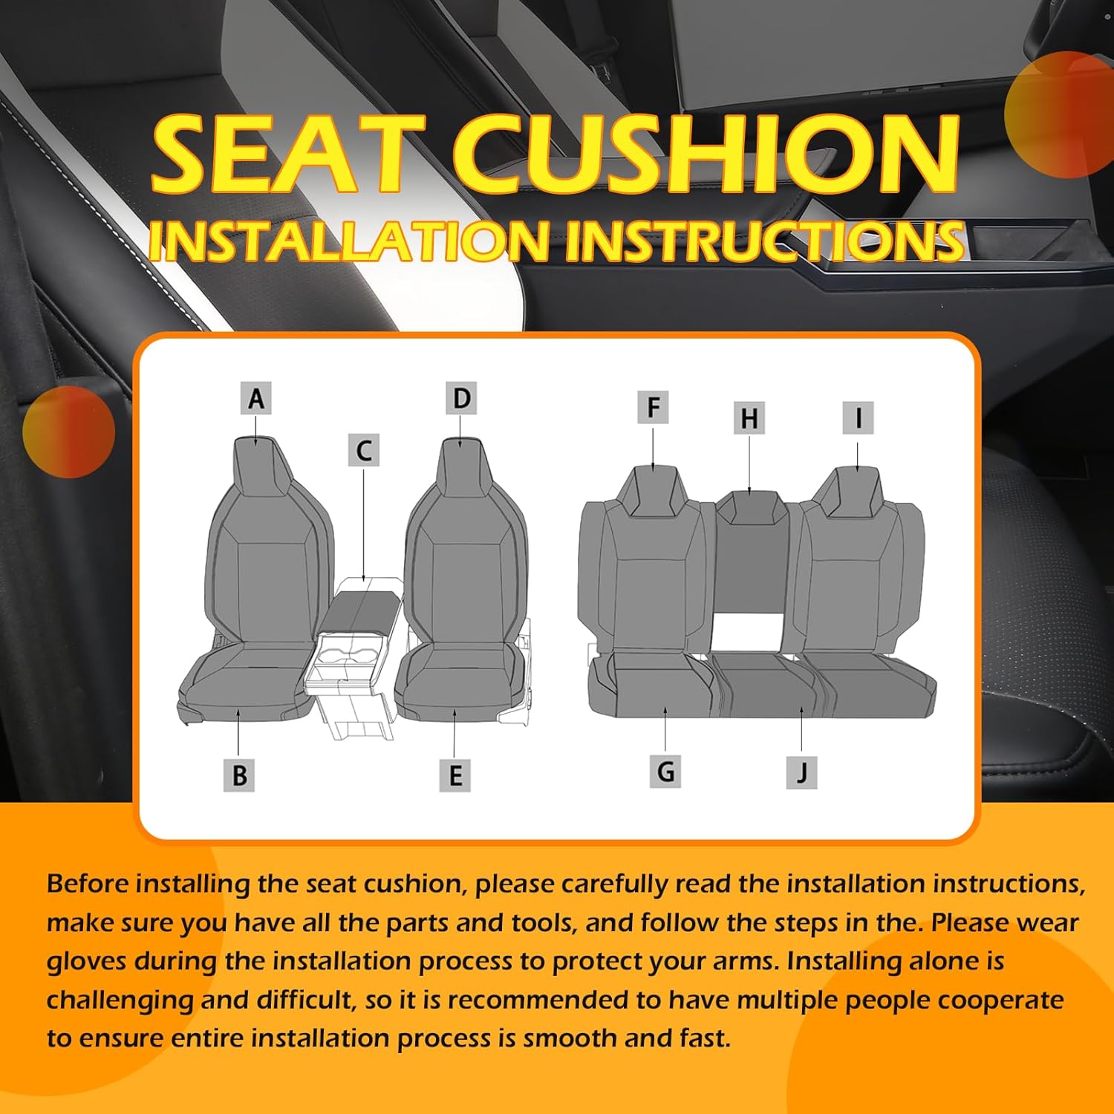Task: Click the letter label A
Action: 255,399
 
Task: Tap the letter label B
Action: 239,775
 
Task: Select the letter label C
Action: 364,451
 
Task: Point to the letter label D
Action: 461,399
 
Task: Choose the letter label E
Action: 455,776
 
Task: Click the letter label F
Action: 653,408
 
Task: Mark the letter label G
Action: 665,772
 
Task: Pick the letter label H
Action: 749,418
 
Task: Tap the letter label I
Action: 858,418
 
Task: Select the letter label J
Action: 802,772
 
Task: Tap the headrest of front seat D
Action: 460,464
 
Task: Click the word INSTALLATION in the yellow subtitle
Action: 349,241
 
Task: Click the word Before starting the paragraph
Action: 88,884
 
